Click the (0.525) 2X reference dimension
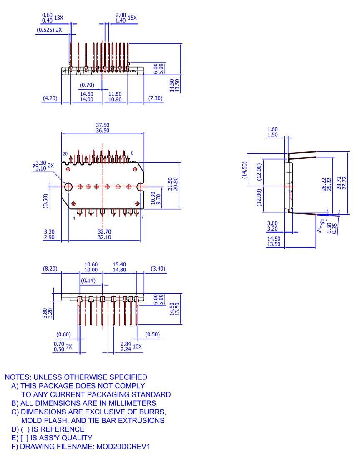click(x=50, y=30)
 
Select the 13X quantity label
click(x=59, y=18)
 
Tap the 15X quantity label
click(x=132, y=18)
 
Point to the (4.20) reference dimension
click(x=50, y=99)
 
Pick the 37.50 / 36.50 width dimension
click(x=103, y=128)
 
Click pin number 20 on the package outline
click(x=65, y=154)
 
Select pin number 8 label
click(x=132, y=153)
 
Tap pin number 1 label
click(x=74, y=218)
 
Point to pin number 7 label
click(x=142, y=218)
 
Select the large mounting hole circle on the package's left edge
click(x=68, y=186)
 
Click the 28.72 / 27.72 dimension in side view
click(x=344, y=182)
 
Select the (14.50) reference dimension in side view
click(x=246, y=170)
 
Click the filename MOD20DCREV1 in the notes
click(x=123, y=447)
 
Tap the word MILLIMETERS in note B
click(x=132, y=403)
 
